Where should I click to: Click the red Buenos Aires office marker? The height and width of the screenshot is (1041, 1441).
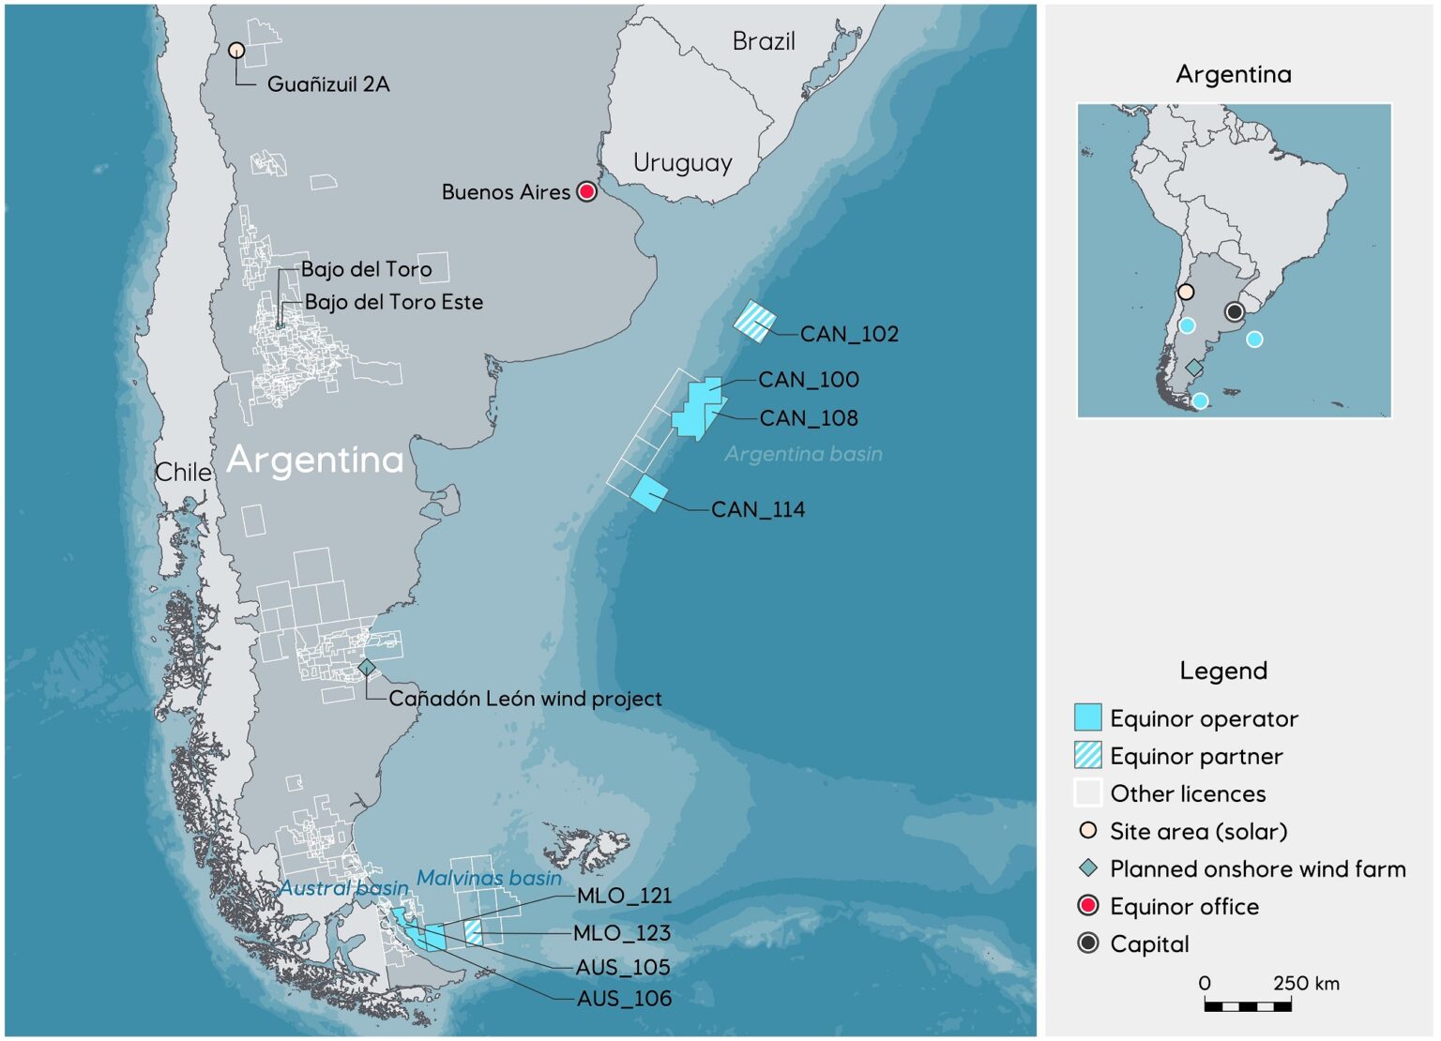(x=586, y=191)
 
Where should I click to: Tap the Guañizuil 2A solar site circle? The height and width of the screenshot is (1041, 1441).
(x=236, y=51)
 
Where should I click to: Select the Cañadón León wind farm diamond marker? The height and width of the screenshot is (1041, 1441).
(x=367, y=668)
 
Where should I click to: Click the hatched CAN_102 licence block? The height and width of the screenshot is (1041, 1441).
(x=754, y=321)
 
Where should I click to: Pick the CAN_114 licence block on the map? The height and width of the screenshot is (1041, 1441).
(x=648, y=492)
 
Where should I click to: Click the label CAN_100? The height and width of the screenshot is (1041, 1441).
(x=808, y=380)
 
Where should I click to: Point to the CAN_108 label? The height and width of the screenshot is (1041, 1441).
(x=808, y=418)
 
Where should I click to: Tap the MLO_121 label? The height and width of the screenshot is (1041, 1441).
(x=624, y=896)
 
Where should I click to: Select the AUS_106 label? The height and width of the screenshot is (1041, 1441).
(x=624, y=999)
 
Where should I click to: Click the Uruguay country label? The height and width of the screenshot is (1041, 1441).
(x=682, y=162)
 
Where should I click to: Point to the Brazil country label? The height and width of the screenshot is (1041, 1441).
(x=763, y=41)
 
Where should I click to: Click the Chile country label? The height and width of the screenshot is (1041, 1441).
(x=183, y=472)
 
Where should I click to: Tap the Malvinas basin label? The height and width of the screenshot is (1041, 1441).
(x=489, y=879)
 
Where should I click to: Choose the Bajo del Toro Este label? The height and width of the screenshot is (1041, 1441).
(x=394, y=302)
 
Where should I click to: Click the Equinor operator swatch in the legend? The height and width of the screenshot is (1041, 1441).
(x=1087, y=717)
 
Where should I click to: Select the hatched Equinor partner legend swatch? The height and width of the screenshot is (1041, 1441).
(x=1087, y=755)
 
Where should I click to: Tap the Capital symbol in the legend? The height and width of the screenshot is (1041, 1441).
(x=1087, y=943)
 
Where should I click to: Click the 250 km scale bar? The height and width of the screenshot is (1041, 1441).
(x=1248, y=1006)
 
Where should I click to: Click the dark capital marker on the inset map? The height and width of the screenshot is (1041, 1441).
(x=1235, y=311)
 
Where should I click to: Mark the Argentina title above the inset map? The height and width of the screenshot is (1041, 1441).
(x=1233, y=74)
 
